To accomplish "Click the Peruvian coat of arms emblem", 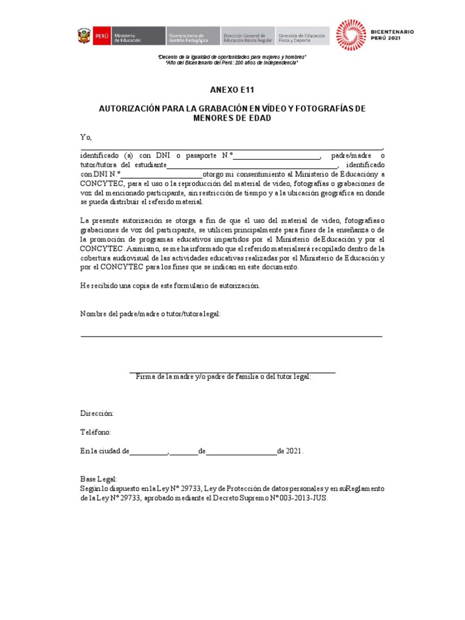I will coord(82,36).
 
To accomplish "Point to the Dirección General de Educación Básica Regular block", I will coord(248,36).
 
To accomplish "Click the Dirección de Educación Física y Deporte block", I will coord(302,36).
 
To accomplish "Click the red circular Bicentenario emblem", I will coord(351,35).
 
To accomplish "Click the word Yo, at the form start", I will coord(86,137).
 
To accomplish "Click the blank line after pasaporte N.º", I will coord(277,156).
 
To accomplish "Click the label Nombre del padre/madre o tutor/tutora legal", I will coord(151,314).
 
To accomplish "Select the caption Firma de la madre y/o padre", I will coord(223,377).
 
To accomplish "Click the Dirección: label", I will coord(97,413).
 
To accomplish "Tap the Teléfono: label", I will coord(96,432).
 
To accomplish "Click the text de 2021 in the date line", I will coord(290,452).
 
